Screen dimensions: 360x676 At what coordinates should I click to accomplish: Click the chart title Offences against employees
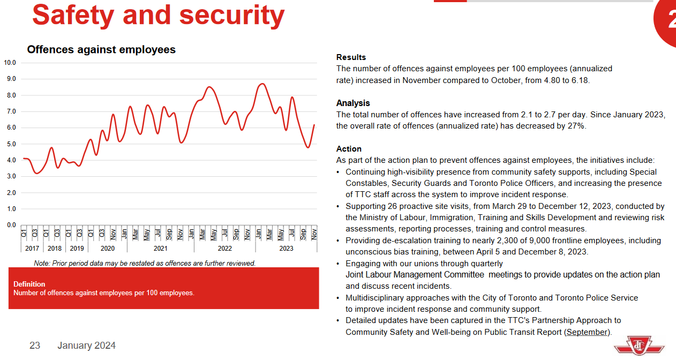(101, 50)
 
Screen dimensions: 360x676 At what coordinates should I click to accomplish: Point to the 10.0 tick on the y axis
(10, 63)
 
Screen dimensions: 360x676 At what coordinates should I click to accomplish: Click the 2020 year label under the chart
(107, 249)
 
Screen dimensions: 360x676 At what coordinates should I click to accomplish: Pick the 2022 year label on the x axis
(224, 249)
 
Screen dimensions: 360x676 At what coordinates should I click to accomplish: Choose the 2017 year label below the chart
(32, 249)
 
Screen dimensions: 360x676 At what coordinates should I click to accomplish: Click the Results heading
(351, 57)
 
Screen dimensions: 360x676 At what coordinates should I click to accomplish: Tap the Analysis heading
(353, 103)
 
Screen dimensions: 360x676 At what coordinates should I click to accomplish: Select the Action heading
(349, 149)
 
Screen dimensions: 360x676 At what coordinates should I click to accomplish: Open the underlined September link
(587, 332)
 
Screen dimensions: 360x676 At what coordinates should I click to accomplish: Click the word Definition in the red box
(29, 284)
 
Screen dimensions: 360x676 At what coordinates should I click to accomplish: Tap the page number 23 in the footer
(35, 346)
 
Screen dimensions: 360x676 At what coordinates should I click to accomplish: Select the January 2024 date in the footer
(87, 346)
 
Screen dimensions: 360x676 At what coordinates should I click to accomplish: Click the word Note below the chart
(41, 263)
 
